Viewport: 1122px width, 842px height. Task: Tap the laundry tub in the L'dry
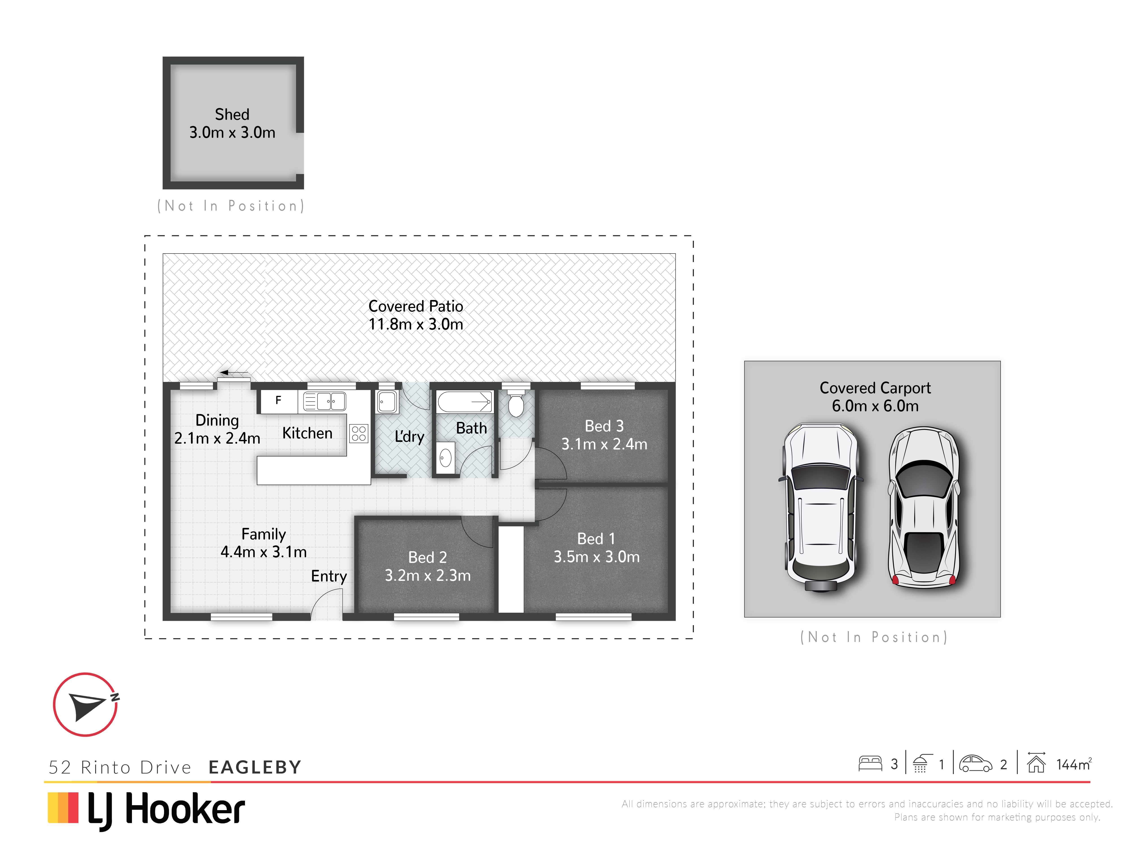click(387, 402)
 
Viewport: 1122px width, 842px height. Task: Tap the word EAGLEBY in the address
click(255, 767)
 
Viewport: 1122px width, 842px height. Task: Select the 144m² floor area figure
click(1074, 764)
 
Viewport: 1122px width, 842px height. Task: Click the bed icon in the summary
click(870, 764)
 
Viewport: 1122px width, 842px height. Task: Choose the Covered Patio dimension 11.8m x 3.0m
click(416, 324)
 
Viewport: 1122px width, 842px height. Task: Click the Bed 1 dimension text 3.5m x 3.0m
click(596, 557)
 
